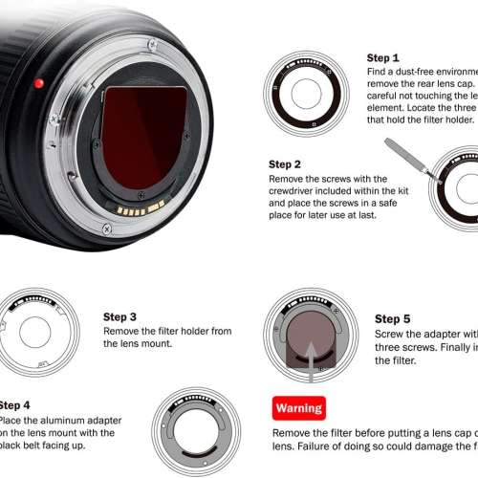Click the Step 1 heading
[x=382, y=57]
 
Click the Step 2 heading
[x=285, y=164]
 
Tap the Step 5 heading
[x=393, y=319]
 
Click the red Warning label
[x=299, y=408]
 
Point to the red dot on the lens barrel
[x=38, y=83]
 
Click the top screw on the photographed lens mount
[x=153, y=44]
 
